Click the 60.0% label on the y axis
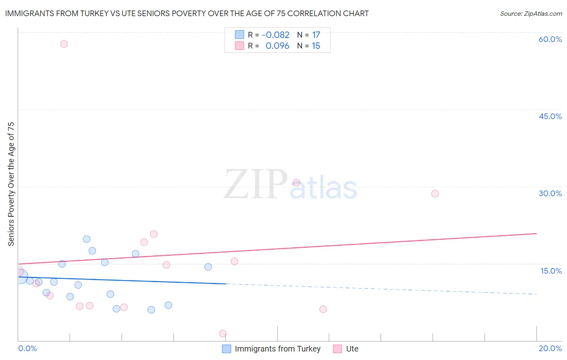click(550, 39)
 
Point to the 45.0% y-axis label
click(550, 116)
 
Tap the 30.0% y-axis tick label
click(550, 193)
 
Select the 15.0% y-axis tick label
click(551, 271)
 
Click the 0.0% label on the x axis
click(28, 348)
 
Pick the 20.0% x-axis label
click(550, 348)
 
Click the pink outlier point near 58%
click(64, 44)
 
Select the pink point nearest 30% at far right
click(435, 194)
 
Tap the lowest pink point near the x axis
click(223, 333)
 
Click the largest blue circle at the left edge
click(21, 277)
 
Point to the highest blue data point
click(87, 239)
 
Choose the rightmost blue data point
click(208, 267)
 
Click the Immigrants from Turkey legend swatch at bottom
click(227, 349)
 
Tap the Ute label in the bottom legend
click(352, 349)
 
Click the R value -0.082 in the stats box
click(275, 35)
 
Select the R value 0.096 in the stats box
click(277, 46)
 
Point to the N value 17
click(316, 35)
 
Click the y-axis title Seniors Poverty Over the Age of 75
click(11, 184)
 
